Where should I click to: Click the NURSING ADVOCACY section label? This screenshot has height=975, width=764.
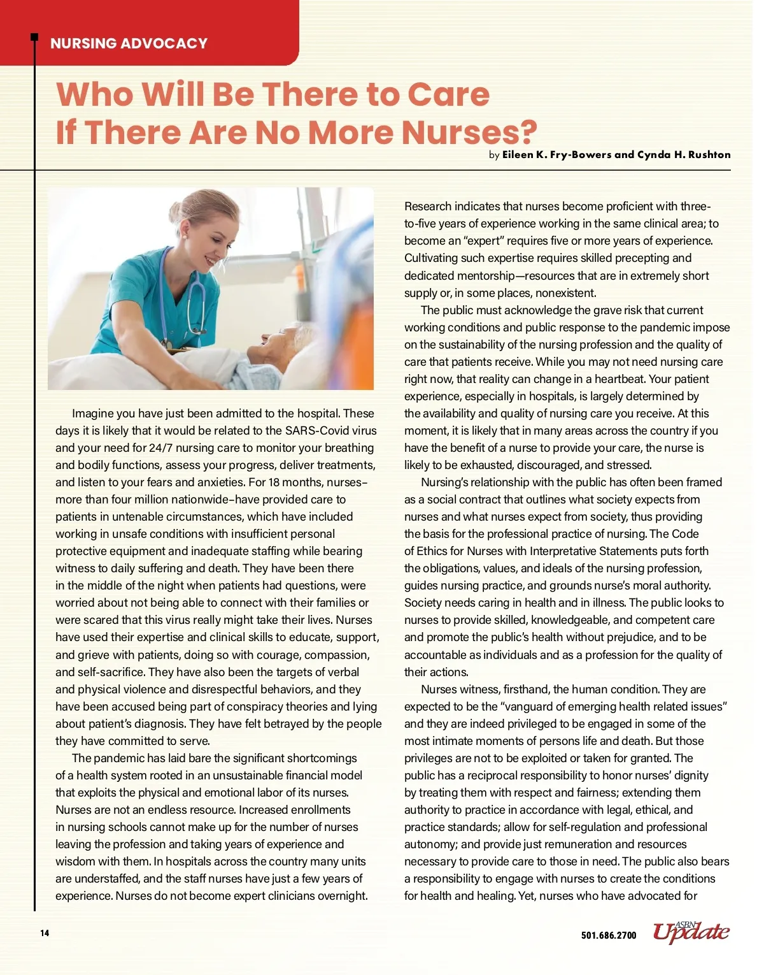(x=129, y=43)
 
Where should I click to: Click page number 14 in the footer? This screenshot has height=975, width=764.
(x=45, y=934)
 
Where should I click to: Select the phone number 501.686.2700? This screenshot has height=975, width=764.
(x=609, y=935)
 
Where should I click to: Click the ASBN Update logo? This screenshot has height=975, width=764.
(x=691, y=932)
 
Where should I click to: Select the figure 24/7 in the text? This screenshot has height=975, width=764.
(x=160, y=448)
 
